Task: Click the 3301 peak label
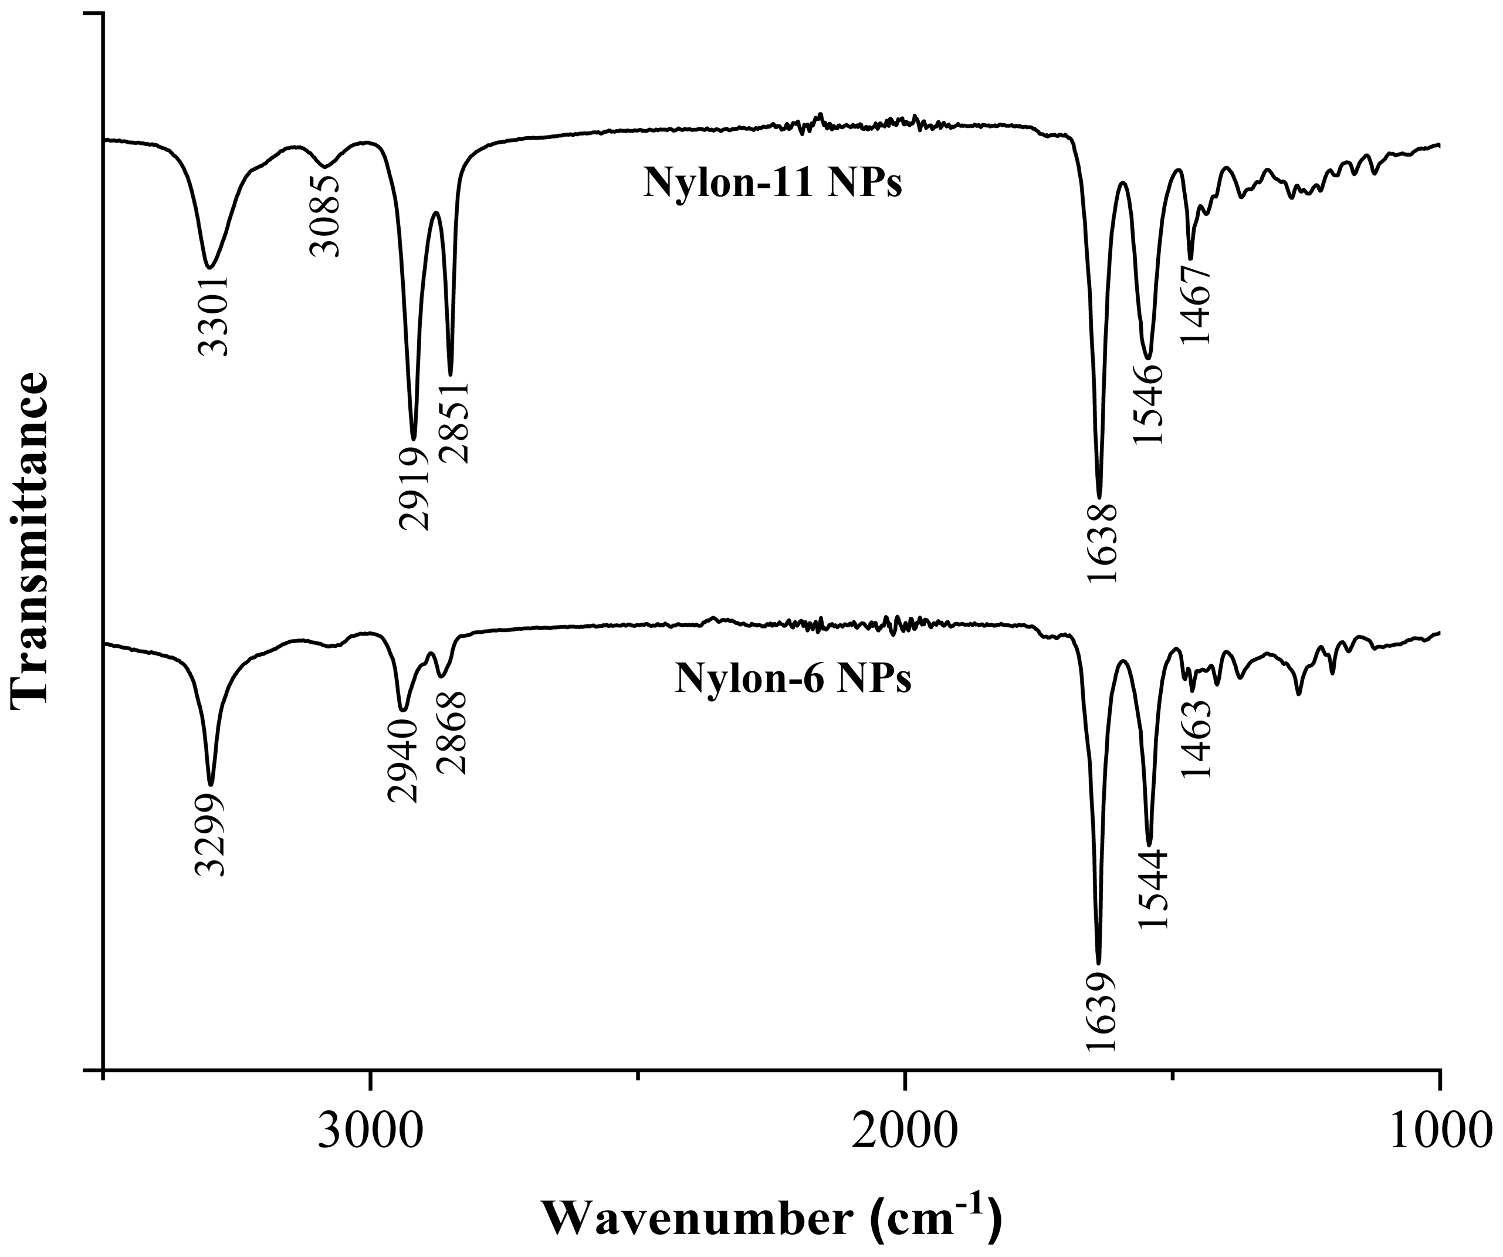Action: [212, 315]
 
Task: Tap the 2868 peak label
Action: [452, 733]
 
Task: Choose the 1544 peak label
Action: [1152, 890]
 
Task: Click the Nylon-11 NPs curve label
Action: [772, 183]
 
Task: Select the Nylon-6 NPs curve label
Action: [793, 678]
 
